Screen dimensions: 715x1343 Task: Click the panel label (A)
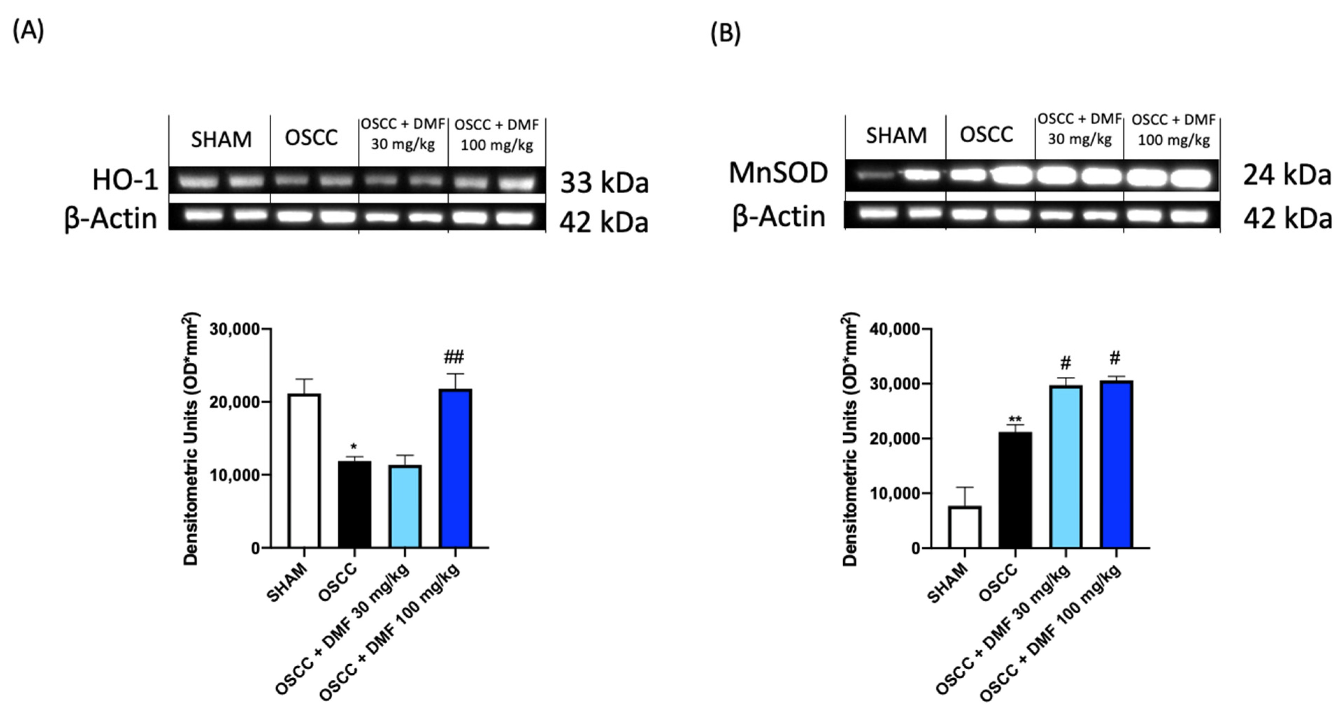(28, 31)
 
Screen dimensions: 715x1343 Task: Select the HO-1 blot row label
(125, 180)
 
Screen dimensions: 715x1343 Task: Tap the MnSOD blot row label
(778, 173)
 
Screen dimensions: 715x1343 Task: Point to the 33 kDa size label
(604, 183)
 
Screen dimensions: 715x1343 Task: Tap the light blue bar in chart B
(1066, 467)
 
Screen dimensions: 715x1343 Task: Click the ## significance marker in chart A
(453, 357)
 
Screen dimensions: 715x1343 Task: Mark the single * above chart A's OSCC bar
(354, 447)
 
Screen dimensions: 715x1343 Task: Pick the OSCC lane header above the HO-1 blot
(311, 138)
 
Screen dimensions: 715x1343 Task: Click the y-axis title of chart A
(191, 438)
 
